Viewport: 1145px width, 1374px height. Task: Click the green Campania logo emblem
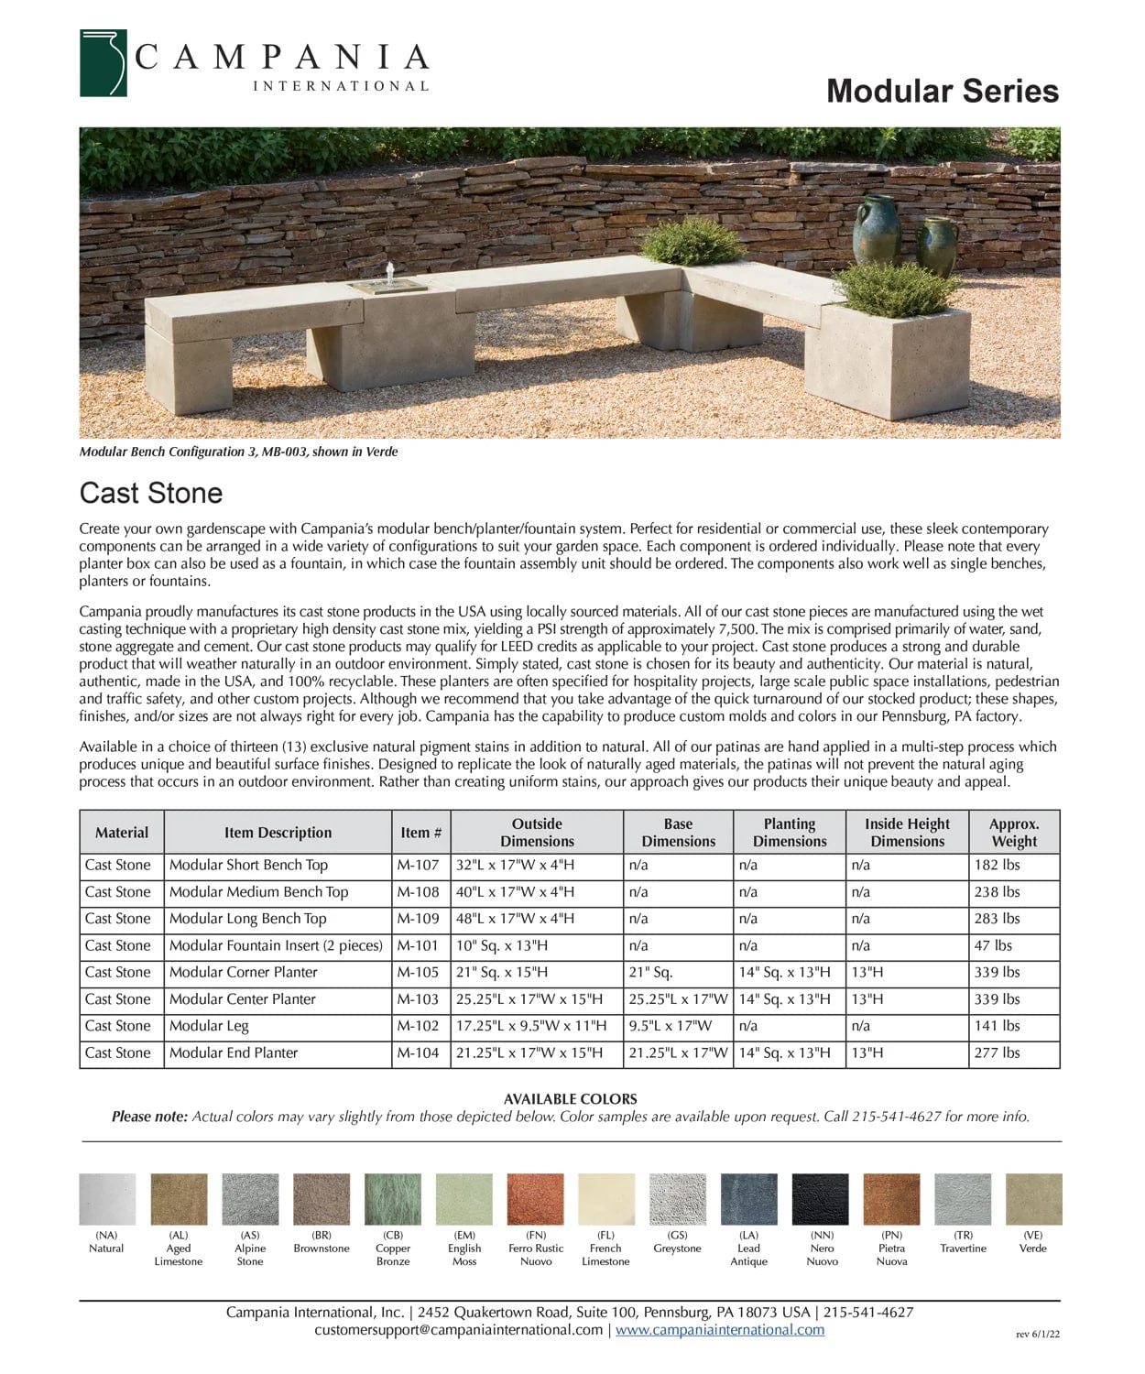click(x=103, y=63)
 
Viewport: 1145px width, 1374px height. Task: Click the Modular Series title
click(x=942, y=91)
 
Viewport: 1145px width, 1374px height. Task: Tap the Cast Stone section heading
click(x=151, y=493)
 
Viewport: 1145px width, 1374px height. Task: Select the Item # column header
click(x=420, y=833)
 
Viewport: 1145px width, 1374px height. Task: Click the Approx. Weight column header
click(x=1014, y=833)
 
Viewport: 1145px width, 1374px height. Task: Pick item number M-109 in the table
click(x=418, y=919)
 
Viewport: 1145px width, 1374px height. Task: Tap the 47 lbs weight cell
click(x=993, y=945)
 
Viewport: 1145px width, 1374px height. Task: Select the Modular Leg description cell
click(x=209, y=1026)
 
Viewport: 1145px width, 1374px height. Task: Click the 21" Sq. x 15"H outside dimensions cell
click(x=502, y=972)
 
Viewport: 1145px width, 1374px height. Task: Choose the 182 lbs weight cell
click(x=997, y=865)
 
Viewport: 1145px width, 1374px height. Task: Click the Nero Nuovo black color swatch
click(x=821, y=1199)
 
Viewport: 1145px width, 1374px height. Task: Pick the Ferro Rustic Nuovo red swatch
click(x=536, y=1199)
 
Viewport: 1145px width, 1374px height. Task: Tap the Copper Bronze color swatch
click(x=393, y=1199)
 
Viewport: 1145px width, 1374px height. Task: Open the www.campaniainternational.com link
click(x=719, y=1330)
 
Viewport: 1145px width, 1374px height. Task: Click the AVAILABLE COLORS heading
click(x=570, y=1098)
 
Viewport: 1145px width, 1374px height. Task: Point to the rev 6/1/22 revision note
click(x=1038, y=1335)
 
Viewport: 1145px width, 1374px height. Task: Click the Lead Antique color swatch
click(x=748, y=1199)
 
